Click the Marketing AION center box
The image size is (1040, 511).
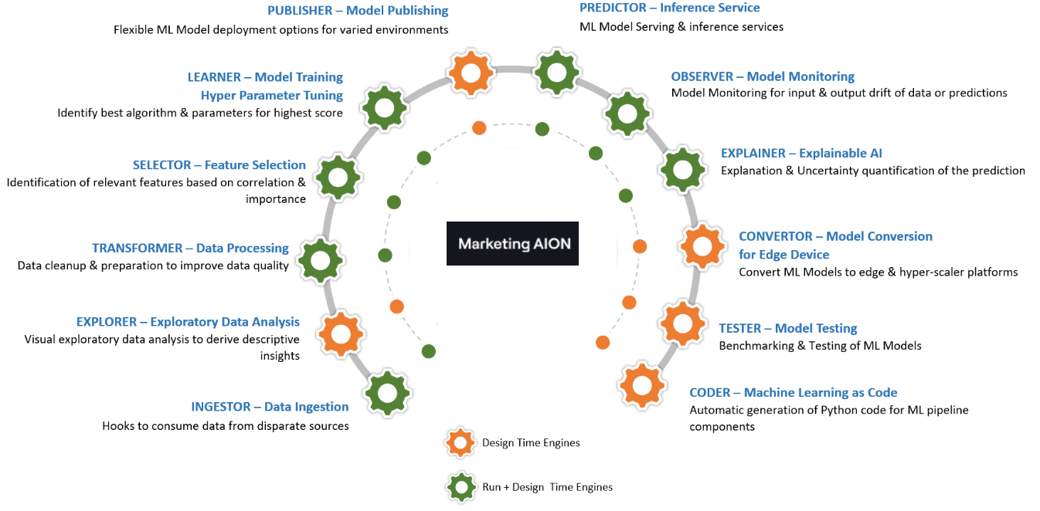coord(512,243)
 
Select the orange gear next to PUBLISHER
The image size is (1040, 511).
coord(471,73)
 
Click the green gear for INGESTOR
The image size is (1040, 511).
coord(387,394)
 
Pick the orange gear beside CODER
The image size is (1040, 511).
coord(642,385)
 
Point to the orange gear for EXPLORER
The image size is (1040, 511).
coord(341,334)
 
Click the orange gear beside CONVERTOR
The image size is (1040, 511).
coord(702,246)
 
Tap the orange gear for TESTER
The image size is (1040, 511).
coord(684,323)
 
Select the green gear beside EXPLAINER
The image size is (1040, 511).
coord(681,168)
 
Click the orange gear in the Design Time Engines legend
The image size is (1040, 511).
coord(461,443)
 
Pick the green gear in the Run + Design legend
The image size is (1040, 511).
coord(461,487)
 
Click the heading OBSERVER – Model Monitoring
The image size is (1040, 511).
coord(763,76)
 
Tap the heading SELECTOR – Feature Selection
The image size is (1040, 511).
coord(219,164)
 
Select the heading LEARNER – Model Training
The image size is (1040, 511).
coord(265,77)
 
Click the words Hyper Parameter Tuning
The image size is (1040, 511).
coord(272,95)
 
